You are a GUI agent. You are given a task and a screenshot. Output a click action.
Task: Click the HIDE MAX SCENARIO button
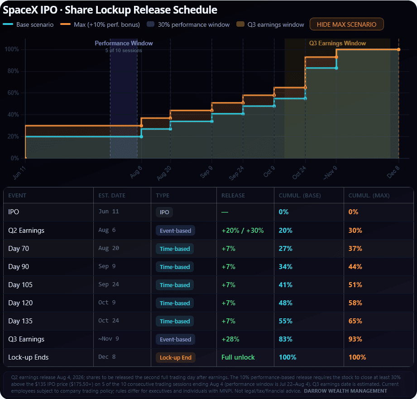tap(346, 24)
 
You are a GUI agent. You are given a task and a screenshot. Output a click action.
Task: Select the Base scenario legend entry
tap(28, 24)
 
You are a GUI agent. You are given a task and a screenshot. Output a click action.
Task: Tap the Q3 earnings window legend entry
tap(270, 24)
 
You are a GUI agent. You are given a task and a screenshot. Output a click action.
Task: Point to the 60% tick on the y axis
tap(12, 93)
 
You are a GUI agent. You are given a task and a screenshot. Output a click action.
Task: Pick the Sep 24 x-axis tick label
tap(236, 173)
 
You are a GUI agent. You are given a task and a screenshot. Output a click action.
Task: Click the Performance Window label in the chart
tap(124, 43)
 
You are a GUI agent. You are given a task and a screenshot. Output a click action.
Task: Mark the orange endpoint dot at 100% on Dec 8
tap(398, 49)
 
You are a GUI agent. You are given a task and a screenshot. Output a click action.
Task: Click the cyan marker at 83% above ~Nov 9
tap(336, 68)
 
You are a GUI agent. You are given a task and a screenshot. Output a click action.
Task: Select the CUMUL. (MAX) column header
tap(369, 196)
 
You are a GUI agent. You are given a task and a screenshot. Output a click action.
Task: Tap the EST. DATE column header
tap(112, 196)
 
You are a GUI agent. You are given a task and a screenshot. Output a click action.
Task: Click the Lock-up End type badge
tap(176, 357)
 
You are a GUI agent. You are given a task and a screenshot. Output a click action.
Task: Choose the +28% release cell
tap(230, 339)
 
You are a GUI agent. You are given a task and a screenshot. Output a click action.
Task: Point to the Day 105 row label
tap(20, 285)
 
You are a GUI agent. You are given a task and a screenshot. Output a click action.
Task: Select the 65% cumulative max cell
tap(355, 321)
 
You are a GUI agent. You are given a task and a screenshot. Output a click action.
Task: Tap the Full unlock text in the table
tap(238, 357)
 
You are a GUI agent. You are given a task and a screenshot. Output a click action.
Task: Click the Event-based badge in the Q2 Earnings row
tap(176, 231)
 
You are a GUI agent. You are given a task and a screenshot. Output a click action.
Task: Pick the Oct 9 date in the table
tap(107, 303)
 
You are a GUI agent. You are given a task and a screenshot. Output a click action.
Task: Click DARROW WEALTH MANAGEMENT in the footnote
tap(345, 391)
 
